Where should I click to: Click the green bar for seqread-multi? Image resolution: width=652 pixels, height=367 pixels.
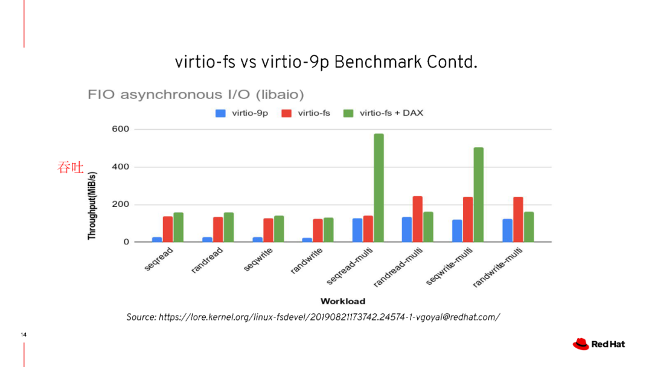(379, 188)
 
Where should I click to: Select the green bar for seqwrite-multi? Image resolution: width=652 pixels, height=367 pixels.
(478, 194)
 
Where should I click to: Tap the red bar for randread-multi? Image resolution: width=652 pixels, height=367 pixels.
(418, 219)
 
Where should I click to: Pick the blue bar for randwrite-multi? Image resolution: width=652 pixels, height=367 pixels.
(507, 230)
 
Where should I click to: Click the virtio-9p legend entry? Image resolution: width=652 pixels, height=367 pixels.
(248, 113)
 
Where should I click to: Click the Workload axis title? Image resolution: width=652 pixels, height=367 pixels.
(342, 301)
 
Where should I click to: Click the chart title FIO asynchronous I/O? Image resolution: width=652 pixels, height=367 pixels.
(196, 94)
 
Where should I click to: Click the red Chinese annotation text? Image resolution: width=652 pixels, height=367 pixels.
(70, 167)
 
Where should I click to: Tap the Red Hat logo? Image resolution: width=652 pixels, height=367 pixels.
(598, 344)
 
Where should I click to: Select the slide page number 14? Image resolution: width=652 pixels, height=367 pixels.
(24, 334)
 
